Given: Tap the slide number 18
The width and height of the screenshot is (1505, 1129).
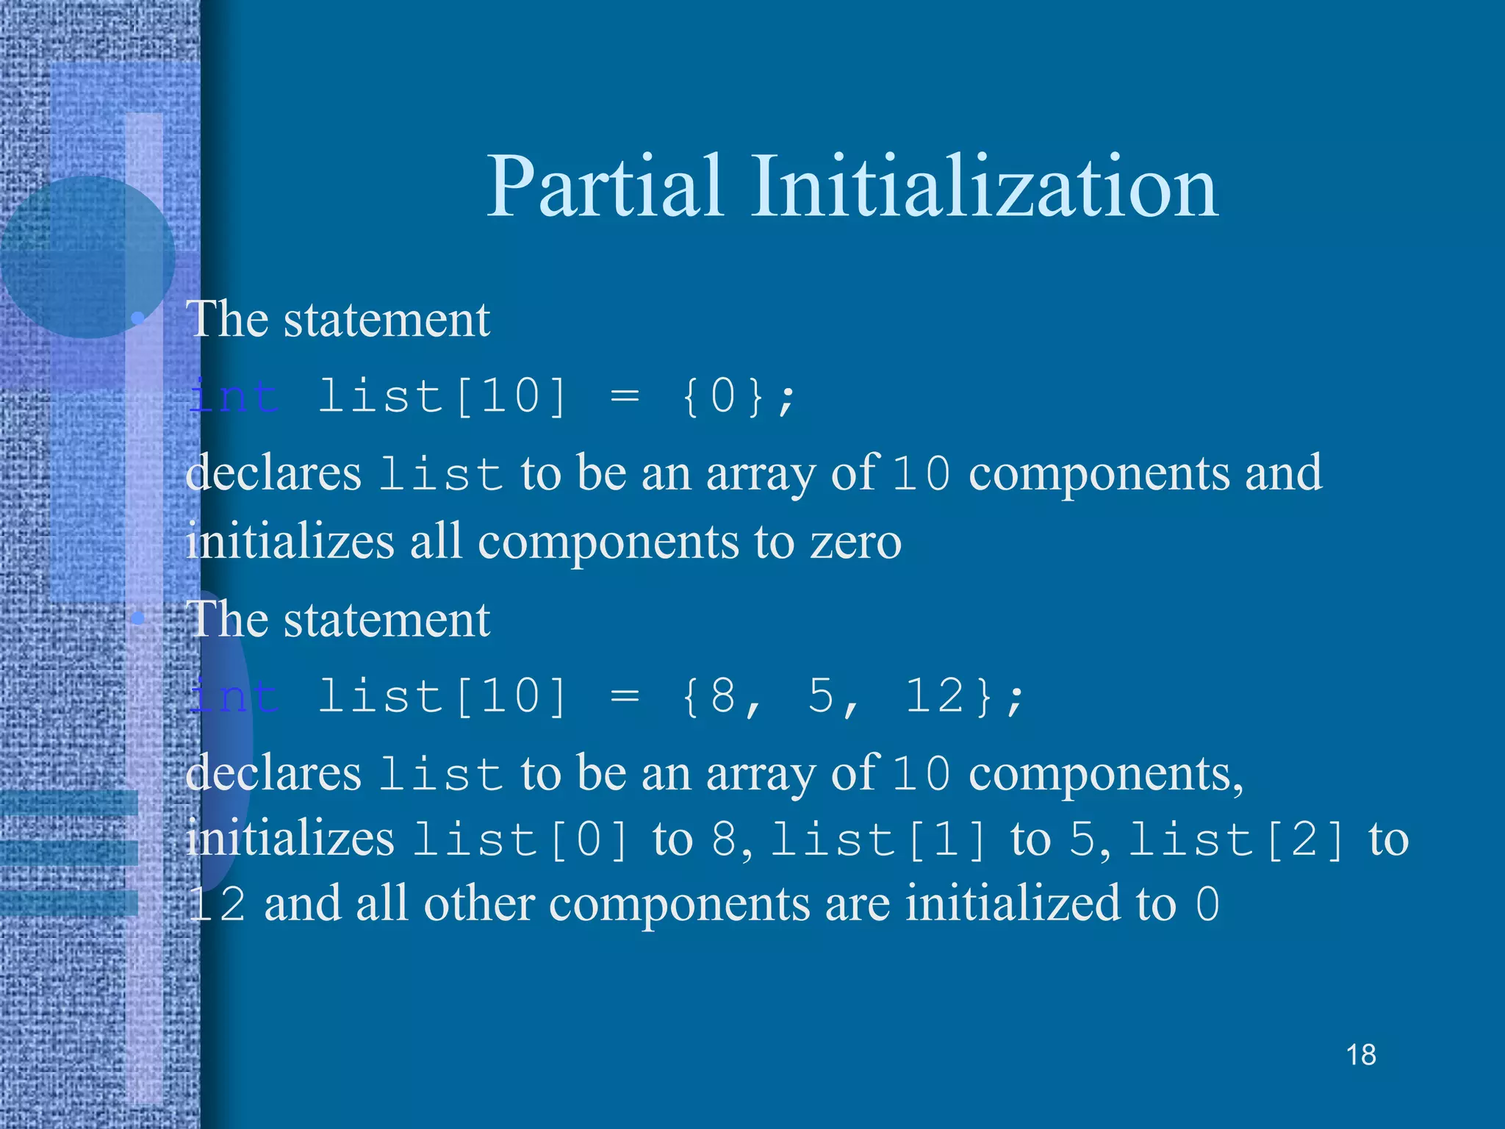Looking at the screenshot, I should tap(1361, 1055).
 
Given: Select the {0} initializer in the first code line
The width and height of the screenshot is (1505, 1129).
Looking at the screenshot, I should tap(723, 396).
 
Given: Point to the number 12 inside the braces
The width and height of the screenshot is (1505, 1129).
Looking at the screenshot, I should tap(934, 695).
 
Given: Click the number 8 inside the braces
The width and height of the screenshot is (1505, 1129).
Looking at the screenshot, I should tap(723, 695).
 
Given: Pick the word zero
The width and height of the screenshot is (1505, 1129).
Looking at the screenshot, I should tap(855, 542).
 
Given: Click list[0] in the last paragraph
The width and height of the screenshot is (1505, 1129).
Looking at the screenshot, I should tap(521, 839).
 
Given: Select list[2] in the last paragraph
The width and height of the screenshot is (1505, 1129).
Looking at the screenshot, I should tap(1237, 839).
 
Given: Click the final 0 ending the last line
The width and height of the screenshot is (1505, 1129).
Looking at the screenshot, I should tap(1207, 905).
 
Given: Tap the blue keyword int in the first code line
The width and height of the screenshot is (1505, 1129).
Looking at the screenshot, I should tap(234, 397).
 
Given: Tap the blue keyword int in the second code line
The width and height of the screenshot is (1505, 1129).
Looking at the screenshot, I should tap(234, 696).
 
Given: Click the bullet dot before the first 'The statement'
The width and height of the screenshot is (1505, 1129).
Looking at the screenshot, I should tap(137, 318).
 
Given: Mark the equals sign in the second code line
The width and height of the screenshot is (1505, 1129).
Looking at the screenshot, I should tap(625, 696).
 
